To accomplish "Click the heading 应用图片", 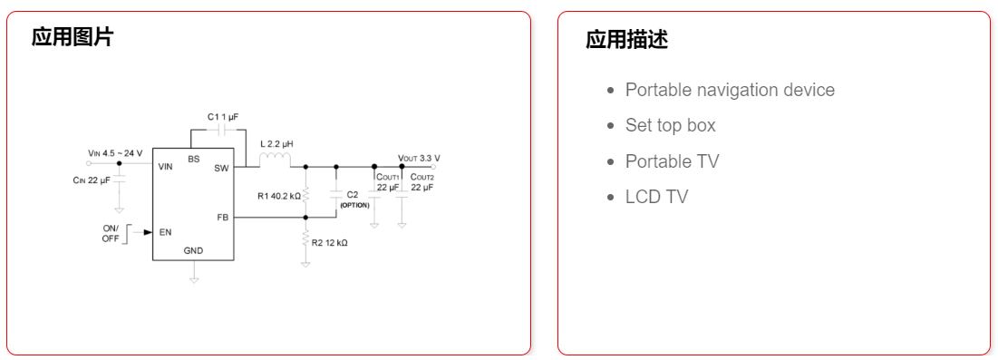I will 73,37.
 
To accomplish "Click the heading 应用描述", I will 626,40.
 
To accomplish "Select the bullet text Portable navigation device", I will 730,90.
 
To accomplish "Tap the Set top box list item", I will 670,125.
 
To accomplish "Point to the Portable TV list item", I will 672,161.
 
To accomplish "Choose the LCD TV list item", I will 656,197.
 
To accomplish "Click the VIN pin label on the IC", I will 166,167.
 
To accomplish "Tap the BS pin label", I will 194,159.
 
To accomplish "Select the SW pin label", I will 221,168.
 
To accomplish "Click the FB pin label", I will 222,218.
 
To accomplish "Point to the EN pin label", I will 165,232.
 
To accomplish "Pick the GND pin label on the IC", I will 194,250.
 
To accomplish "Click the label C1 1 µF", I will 222,117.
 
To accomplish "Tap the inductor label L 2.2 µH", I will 276,144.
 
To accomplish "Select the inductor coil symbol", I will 275,161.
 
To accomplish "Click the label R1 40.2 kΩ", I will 278,195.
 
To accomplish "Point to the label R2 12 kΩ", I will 330,243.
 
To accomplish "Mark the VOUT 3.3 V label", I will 419,157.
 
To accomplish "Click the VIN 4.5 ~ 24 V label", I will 115,153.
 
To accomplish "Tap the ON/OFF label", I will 111,234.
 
